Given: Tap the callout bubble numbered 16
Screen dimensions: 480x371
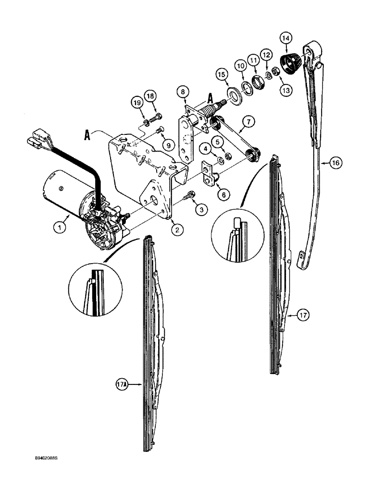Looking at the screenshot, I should tap(335, 164).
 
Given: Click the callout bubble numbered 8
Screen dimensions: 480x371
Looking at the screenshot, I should tap(181, 90).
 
